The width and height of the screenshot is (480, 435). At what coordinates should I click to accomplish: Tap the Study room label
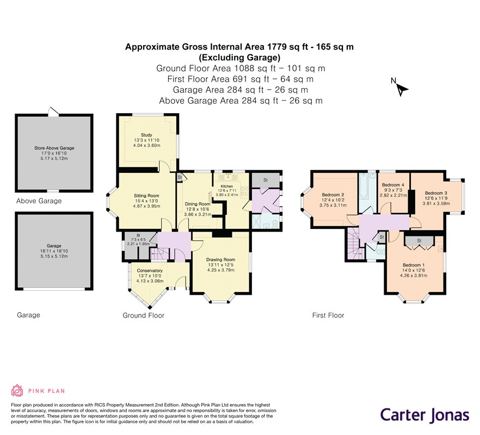pyautogui.click(x=146, y=135)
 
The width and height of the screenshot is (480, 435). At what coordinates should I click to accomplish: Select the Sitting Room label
pyautogui.click(x=146, y=196)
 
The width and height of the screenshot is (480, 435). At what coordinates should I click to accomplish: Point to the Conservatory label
pyautogui.click(x=150, y=271)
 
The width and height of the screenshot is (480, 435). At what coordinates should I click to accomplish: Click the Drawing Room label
pyautogui.click(x=221, y=260)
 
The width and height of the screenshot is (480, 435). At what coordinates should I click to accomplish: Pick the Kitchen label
pyautogui.click(x=227, y=187)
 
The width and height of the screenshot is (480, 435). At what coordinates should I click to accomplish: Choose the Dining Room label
pyautogui.click(x=198, y=204)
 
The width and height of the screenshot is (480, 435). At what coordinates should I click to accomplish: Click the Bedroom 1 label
pyautogui.click(x=414, y=265)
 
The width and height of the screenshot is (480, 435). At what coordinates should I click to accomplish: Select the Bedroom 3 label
pyautogui.click(x=436, y=193)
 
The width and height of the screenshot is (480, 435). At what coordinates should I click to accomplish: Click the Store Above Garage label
pyautogui.click(x=54, y=148)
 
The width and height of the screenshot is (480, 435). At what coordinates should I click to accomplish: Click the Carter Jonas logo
pyautogui.click(x=425, y=415)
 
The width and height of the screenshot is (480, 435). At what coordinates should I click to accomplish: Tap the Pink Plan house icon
pyautogui.click(x=17, y=390)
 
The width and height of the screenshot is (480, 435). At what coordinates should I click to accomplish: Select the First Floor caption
pyautogui.click(x=328, y=315)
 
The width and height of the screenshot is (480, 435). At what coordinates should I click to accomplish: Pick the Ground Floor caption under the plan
pyautogui.click(x=144, y=315)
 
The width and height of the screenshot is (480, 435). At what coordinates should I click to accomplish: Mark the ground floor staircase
pyautogui.click(x=159, y=253)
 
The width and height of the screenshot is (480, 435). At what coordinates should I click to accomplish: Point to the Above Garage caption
pyautogui.click(x=39, y=201)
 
